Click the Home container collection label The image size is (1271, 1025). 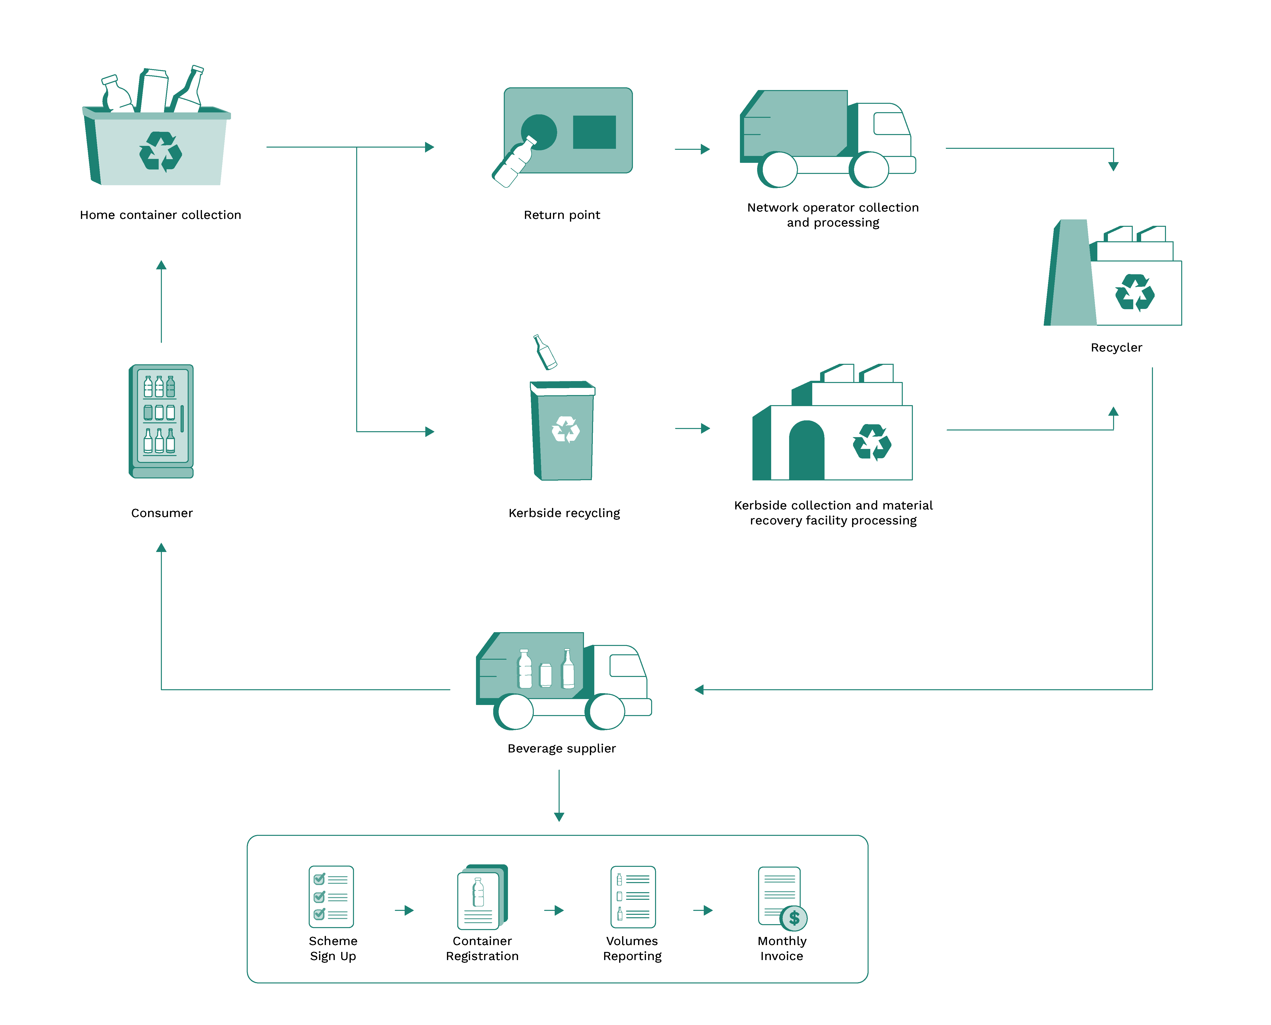point(161,215)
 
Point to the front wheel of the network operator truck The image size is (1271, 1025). point(869,169)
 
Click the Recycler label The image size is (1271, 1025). point(1116,347)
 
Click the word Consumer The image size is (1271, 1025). point(162,513)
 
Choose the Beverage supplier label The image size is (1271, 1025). point(561,748)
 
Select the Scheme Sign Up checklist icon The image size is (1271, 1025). point(331,896)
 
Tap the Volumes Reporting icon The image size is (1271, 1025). point(633,896)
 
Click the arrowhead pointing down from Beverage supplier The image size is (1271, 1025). point(559,817)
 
